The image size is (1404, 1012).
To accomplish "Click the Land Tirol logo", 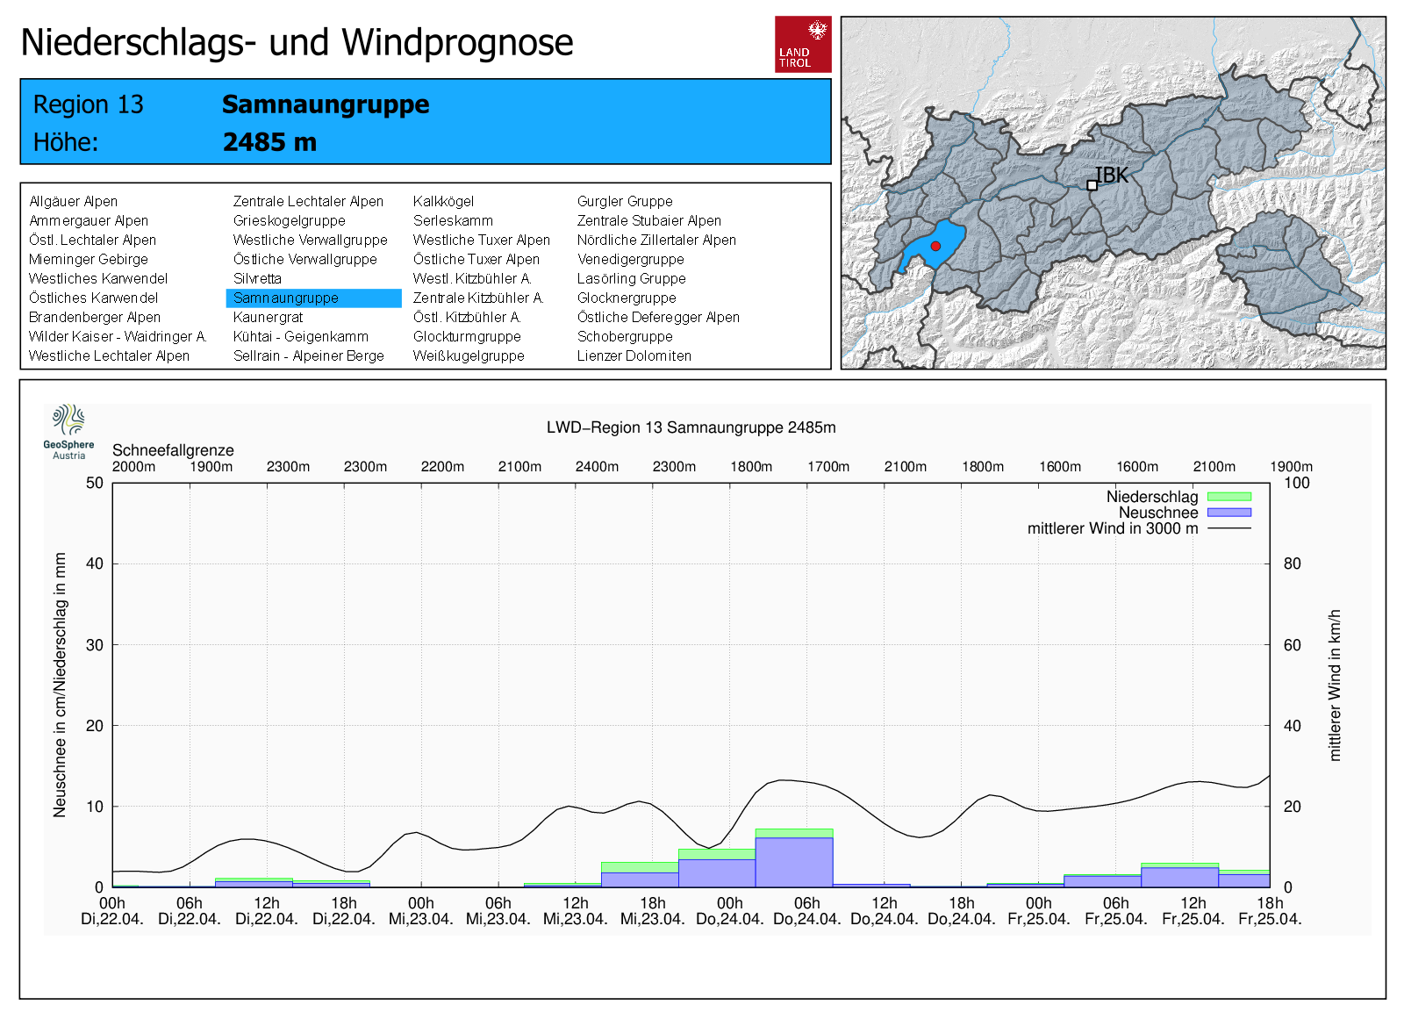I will click(803, 44).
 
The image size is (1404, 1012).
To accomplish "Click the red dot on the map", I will click(935, 246).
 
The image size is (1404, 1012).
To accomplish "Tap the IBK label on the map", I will click(1111, 176).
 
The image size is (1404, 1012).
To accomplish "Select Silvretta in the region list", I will click(257, 279).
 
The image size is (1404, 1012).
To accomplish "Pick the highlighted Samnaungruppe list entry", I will click(286, 298).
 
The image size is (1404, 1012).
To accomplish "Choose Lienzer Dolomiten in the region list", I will click(634, 356).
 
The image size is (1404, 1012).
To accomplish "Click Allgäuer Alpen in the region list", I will click(73, 202).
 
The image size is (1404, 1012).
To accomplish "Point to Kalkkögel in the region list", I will click(443, 202).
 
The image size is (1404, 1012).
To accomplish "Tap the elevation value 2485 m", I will click(269, 142).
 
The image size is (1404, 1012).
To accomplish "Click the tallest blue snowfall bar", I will click(794, 862).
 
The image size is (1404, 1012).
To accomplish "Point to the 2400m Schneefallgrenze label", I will click(597, 467).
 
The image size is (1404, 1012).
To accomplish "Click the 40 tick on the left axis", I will click(94, 563).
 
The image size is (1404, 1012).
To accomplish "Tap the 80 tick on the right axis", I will click(1292, 563).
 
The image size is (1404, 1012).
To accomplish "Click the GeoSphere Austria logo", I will click(68, 431).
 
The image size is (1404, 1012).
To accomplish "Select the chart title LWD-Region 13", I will click(691, 427).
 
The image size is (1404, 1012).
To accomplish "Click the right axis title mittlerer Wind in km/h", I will click(1335, 685).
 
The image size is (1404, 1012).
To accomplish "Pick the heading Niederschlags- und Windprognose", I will click(297, 42).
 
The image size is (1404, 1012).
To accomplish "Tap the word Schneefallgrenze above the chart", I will click(173, 450).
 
